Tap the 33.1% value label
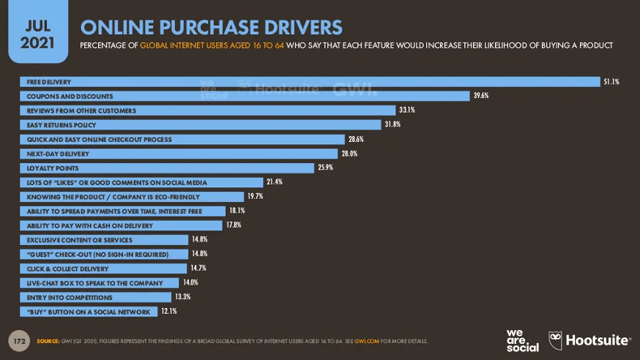(x=407, y=110)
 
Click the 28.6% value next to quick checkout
(x=356, y=139)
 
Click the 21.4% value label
(x=274, y=182)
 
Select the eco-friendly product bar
(x=132, y=197)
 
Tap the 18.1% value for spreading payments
(x=236, y=211)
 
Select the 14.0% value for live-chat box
(x=190, y=282)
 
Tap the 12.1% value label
(x=168, y=312)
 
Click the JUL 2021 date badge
(x=36, y=32)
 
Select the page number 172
(x=21, y=341)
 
